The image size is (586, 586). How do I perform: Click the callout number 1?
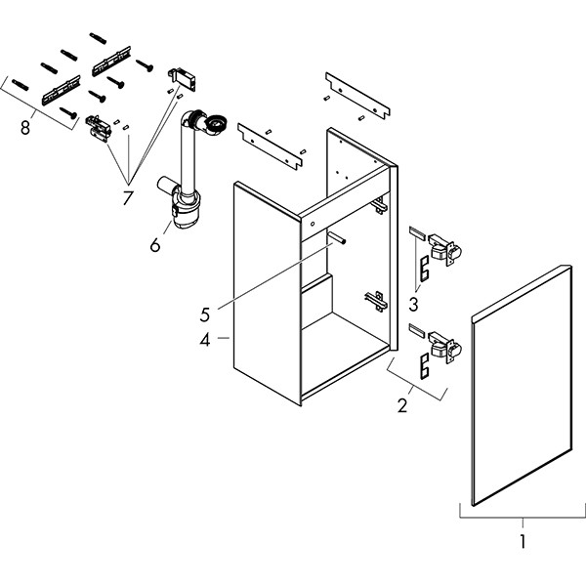[x=523, y=540]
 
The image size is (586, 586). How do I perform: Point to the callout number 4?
[x=206, y=341]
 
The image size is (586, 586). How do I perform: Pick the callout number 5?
[x=206, y=314]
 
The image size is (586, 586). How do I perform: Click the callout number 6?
[x=155, y=244]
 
